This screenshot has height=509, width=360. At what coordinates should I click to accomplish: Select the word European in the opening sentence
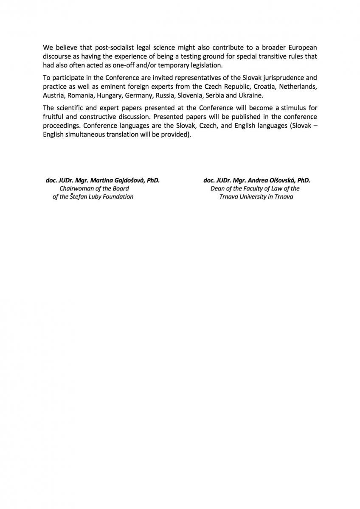pyautogui.click(x=301, y=48)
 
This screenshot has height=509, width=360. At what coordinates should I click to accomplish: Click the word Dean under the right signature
pyautogui.click(x=217, y=188)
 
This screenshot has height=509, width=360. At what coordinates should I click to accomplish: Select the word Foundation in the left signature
pyautogui.click(x=116, y=196)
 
